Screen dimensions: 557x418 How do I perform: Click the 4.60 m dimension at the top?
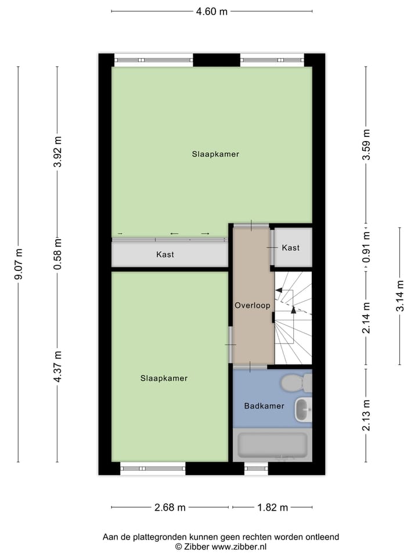pyautogui.click(x=211, y=11)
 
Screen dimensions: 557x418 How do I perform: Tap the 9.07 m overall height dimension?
pyautogui.click(x=19, y=264)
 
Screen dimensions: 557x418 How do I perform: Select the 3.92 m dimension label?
pyautogui.click(x=57, y=152)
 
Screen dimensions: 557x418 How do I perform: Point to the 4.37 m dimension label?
pyautogui.click(x=57, y=366)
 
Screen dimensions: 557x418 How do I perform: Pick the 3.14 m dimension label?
pyautogui.click(x=399, y=296)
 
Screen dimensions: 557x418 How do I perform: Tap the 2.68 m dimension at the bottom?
pyautogui.click(x=170, y=508)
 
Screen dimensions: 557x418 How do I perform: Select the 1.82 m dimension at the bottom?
pyautogui.click(x=272, y=508)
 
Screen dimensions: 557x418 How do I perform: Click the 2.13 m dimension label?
pyautogui.click(x=366, y=414)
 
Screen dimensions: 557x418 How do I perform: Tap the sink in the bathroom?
pyautogui.click(x=303, y=410)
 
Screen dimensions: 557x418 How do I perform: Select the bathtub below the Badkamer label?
pyautogui.click(x=272, y=445)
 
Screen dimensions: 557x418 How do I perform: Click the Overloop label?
pyautogui.click(x=253, y=305)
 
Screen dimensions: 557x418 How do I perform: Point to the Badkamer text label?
pyautogui.click(x=264, y=406)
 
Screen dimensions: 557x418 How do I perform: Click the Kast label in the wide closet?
pyautogui.click(x=165, y=255)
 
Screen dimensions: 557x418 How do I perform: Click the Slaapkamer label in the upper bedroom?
pyautogui.click(x=215, y=154)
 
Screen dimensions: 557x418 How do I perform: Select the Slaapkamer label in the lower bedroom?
pyautogui.click(x=164, y=378)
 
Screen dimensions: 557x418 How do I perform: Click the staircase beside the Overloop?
pyautogui.click(x=293, y=318)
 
